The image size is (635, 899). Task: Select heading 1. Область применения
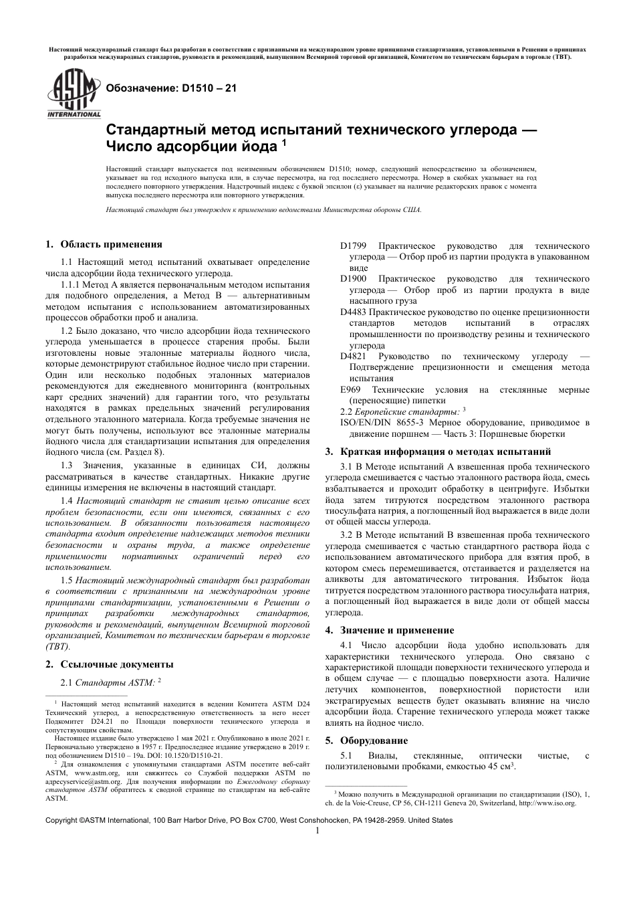point(104,244)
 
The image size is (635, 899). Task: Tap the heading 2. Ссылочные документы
point(109,664)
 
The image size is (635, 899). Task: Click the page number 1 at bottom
point(317,831)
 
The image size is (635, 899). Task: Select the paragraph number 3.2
point(348,535)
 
